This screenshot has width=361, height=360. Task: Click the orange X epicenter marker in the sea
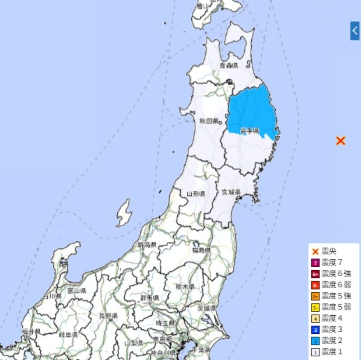(341, 141)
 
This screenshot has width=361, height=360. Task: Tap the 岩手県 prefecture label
(249, 131)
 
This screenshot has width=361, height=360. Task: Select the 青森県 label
(228, 66)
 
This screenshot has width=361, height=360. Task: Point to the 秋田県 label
(209, 121)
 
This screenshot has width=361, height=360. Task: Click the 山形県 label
(196, 194)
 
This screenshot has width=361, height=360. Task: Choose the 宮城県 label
(231, 193)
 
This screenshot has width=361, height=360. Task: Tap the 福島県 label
(201, 250)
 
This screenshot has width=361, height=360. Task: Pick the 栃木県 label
(185, 287)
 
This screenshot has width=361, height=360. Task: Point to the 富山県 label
(77, 291)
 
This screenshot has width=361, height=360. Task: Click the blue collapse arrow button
(355, 31)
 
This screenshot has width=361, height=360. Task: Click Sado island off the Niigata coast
(124, 213)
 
